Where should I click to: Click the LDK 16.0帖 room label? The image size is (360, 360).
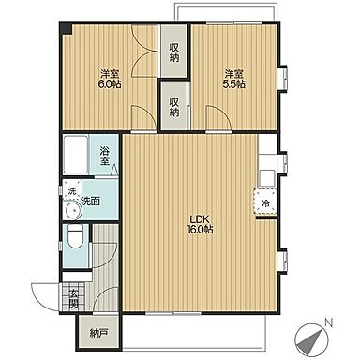point(200,224)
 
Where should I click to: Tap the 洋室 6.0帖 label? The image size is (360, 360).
point(110,79)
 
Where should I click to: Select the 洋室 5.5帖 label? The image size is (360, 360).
point(233,79)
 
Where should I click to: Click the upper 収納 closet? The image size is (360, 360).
point(174,51)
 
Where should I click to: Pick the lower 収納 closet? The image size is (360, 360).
point(174,106)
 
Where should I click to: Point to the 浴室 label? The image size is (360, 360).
point(105,157)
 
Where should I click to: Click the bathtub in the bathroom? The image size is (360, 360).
point(75,156)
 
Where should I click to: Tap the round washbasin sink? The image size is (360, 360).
point(74,210)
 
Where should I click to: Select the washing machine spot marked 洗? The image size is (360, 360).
point(72,190)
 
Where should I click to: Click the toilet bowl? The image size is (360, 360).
point(75,237)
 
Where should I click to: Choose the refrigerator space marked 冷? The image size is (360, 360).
point(266,202)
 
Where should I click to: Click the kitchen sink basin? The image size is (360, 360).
point(268,178)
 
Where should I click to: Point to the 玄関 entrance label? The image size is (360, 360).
point(74,299)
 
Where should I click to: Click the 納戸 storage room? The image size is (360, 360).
point(98,334)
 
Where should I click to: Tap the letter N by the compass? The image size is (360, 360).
point(328,322)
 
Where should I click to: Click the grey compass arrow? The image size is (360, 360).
point(311,343)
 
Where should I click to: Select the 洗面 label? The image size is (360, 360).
point(91,202)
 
